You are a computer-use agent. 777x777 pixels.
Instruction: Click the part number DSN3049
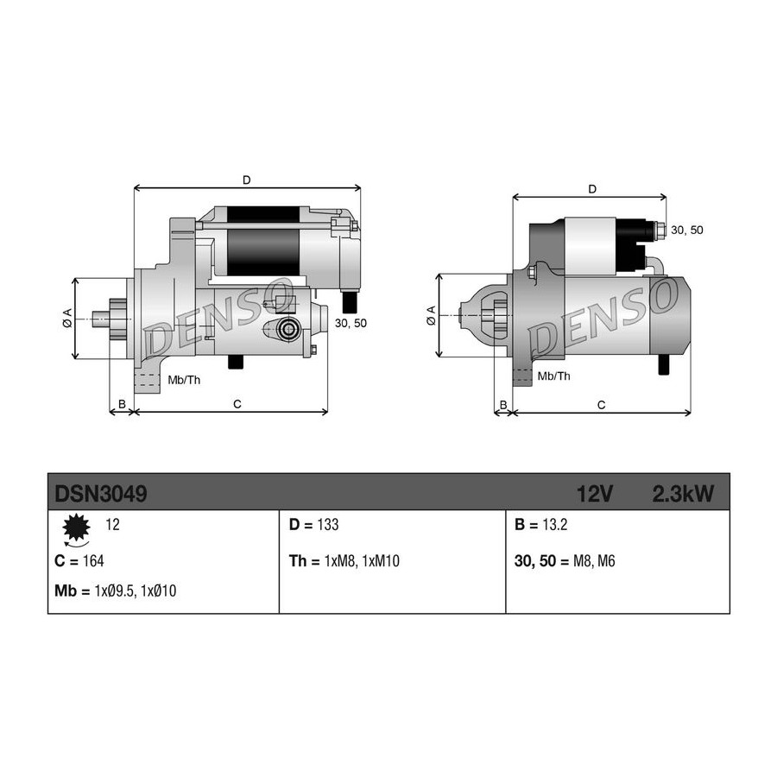pyautogui.click(x=101, y=494)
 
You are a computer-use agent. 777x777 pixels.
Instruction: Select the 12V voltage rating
pyautogui.click(x=595, y=494)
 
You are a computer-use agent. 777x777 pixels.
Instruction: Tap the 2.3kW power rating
pyautogui.click(x=684, y=494)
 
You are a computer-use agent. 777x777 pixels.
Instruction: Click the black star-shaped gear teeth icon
pyautogui.click(x=76, y=527)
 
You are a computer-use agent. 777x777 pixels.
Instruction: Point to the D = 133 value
pyautogui.click(x=313, y=525)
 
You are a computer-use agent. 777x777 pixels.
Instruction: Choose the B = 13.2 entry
pyautogui.click(x=540, y=525)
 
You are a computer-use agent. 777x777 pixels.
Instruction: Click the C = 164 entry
pyautogui.click(x=79, y=561)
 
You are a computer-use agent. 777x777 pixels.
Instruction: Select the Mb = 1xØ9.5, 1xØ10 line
pyautogui.click(x=115, y=591)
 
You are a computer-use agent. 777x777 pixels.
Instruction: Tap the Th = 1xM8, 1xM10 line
pyautogui.click(x=344, y=561)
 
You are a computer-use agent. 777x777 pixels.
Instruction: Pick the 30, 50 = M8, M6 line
pyautogui.click(x=565, y=561)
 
